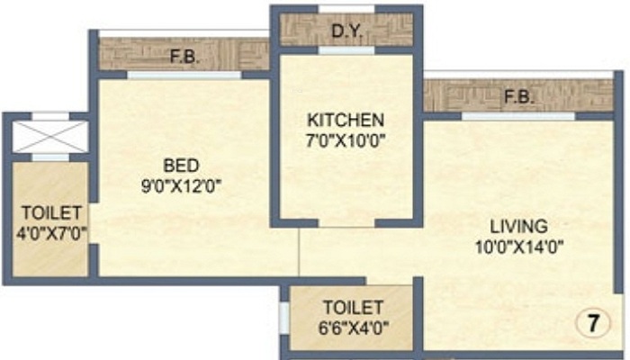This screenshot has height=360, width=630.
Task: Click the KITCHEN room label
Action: point(346,120)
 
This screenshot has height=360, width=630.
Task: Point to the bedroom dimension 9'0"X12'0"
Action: point(180,186)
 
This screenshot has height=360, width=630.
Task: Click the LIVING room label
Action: point(517,225)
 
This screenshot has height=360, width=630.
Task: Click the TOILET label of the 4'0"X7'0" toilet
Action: point(52,213)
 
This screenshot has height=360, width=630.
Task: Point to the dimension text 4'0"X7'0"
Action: point(52,232)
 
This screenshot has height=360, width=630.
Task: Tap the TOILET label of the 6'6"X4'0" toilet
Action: point(353,307)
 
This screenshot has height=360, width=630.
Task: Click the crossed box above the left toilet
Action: point(49,136)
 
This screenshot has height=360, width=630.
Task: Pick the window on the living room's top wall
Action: point(517,116)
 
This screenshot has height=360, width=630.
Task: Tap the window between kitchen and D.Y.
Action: point(346,51)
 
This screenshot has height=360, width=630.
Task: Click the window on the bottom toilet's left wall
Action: point(283,318)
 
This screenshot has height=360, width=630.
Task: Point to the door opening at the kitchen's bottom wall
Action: point(347,222)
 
